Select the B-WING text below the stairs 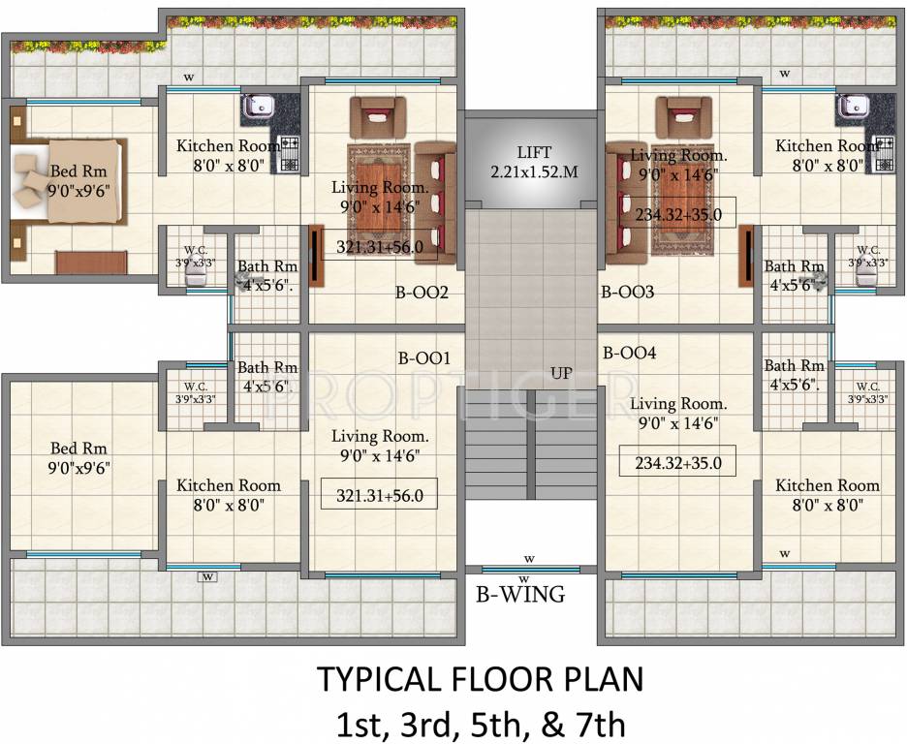(x=519, y=594)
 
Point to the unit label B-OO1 (x=424, y=358)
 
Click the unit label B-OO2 (x=420, y=291)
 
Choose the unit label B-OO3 (x=627, y=291)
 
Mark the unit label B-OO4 (x=629, y=354)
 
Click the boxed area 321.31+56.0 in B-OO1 (x=379, y=495)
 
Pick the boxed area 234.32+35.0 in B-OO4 (x=677, y=463)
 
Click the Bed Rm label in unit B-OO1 (x=78, y=457)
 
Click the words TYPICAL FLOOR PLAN (x=480, y=679)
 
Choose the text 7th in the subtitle (x=602, y=723)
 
